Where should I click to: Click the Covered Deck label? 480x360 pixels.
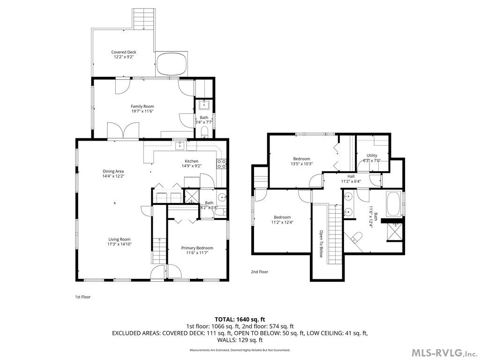124,52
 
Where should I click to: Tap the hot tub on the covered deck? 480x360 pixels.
172,64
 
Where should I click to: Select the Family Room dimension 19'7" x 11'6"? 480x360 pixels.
142,111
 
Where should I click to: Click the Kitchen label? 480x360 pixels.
191,161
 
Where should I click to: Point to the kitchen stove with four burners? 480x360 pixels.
222,164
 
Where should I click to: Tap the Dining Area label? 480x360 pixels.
113,171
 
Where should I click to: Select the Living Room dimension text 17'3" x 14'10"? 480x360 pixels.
120,244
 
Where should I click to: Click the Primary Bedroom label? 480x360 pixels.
197,248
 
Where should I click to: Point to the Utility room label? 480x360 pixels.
372,155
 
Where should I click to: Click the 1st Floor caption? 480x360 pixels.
82,297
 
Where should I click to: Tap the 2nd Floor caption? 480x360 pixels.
259,271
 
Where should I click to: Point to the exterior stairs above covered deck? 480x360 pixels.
141,19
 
